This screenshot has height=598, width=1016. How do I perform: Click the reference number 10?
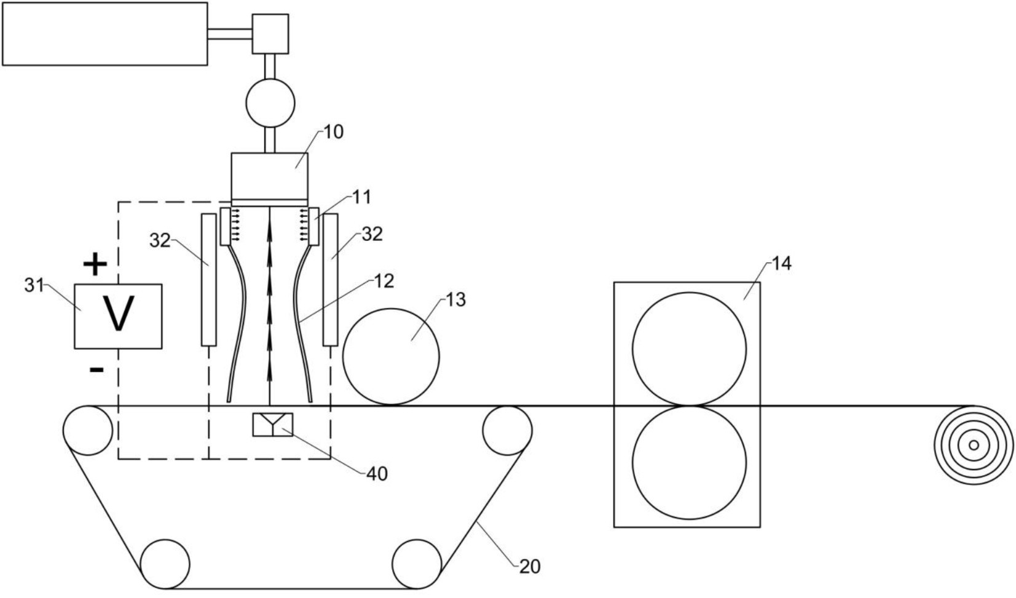click(x=334, y=132)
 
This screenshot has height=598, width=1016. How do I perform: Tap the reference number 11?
click(x=362, y=197)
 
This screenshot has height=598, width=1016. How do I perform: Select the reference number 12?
click(x=384, y=281)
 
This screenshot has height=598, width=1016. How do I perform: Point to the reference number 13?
click(x=456, y=300)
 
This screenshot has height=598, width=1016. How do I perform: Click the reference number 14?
click(x=781, y=264)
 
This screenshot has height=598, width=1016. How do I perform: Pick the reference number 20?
click(x=530, y=567)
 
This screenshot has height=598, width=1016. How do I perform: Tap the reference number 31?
click(x=34, y=286)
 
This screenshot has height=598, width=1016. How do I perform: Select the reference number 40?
click(x=377, y=474)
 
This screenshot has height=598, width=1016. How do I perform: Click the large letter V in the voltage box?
click(x=119, y=313)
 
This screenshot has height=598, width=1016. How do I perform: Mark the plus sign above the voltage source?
click(x=95, y=265)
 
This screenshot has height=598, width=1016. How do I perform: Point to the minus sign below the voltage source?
click(x=96, y=370)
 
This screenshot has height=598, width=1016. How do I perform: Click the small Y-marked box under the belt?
click(x=273, y=425)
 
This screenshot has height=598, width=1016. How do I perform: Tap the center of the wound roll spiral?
click(x=974, y=445)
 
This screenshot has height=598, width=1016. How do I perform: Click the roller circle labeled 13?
click(x=391, y=357)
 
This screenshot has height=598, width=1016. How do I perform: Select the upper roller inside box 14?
click(x=690, y=349)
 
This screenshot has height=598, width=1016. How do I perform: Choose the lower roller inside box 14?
click(x=690, y=462)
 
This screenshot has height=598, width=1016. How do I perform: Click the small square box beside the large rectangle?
click(x=270, y=34)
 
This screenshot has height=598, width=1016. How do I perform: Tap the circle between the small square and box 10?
click(x=270, y=103)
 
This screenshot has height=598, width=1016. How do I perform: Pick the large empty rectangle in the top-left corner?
click(x=104, y=34)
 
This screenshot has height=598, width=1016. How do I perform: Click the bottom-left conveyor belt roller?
click(x=165, y=564)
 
